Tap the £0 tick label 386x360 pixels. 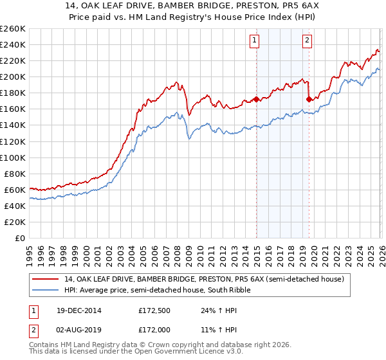[x=19, y=238]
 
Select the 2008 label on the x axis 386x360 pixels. [x=177, y=251]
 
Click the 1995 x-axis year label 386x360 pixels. [x=30, y=251]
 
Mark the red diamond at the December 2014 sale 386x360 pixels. [x=256, y=99]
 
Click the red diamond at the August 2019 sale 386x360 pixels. [x=309, y=99]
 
